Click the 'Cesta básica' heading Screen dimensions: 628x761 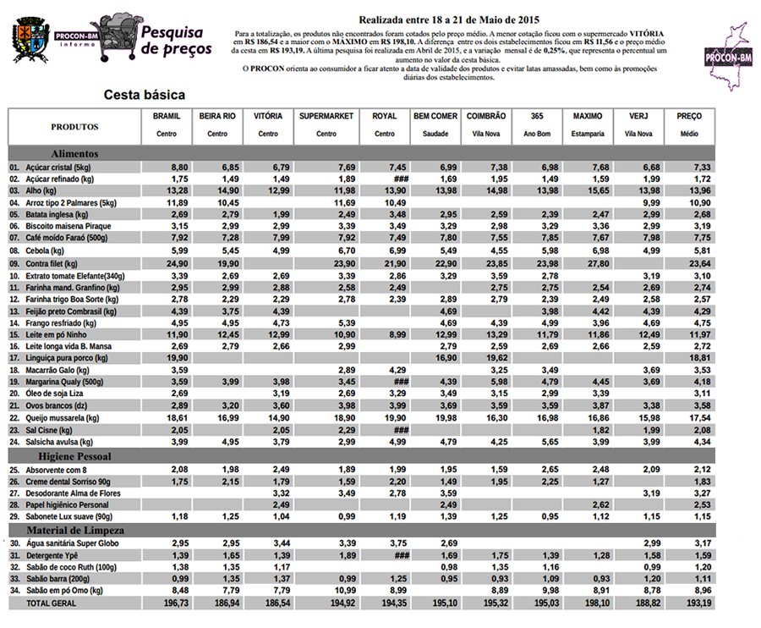coord(144,95)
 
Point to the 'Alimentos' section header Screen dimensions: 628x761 coord(74,154)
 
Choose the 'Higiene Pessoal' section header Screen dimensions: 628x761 coord(82,456)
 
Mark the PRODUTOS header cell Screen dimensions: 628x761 coord(74,127)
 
